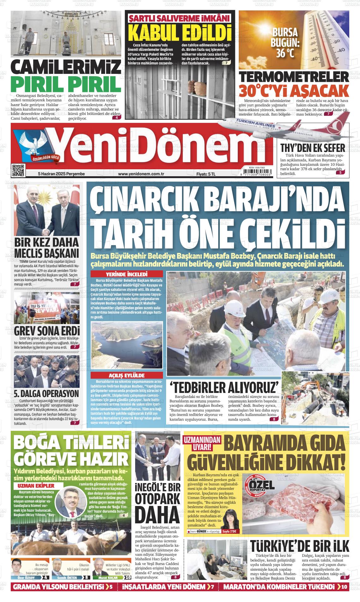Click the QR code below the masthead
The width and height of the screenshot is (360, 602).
coord(18,170)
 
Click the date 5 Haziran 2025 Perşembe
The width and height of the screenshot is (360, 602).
coord(61,174)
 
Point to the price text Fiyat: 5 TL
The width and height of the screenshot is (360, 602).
coord(206,174)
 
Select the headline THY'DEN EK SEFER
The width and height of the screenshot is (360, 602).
coord(312,148)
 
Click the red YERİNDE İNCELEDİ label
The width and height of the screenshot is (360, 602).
coord(127,274)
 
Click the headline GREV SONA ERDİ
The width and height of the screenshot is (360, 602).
coord(47,331)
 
